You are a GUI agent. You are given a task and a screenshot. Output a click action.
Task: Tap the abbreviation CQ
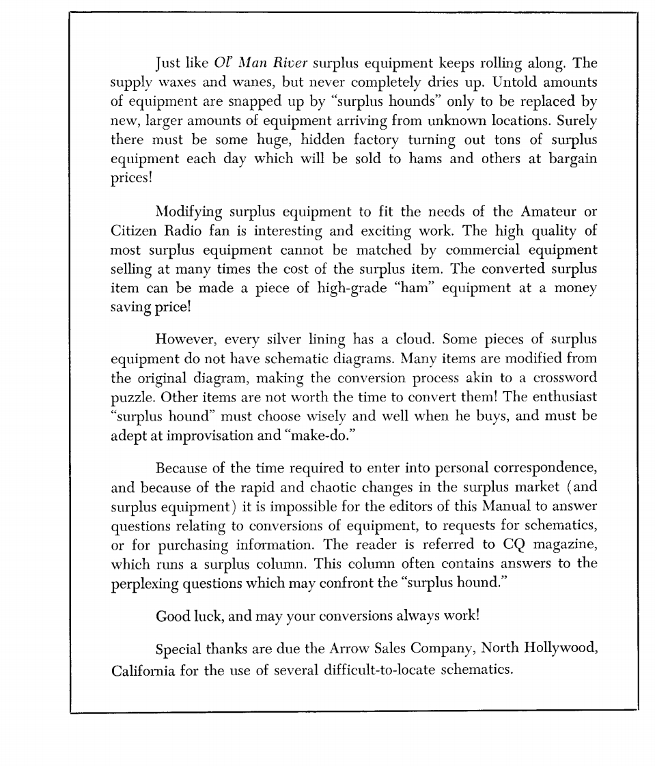coord(507,545)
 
